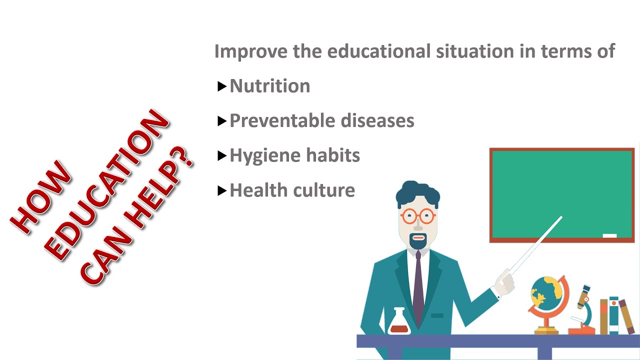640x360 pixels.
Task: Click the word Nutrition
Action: (270, 86)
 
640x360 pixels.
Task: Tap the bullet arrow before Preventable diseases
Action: (222, 121)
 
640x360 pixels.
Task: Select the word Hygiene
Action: (257, 156)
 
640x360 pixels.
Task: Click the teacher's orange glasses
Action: (417, 216)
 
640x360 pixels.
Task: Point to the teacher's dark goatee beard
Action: (418, 243)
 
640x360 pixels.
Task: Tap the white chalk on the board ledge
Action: (609, 235)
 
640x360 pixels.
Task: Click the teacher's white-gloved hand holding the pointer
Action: (504, 283)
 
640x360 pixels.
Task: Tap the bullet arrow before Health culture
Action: (222, 191)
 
